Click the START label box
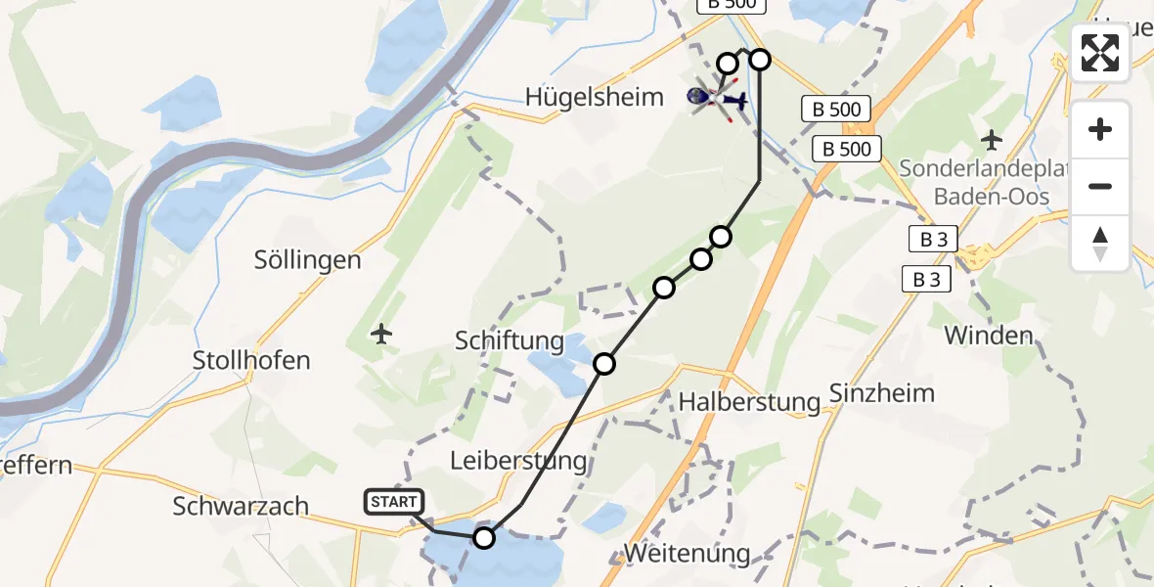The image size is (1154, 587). click(x=393, y=502)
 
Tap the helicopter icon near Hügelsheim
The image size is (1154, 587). click(x=717, y=98)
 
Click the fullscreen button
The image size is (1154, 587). click(x=1100, y=53)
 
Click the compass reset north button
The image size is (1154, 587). click(x=1100, y=244)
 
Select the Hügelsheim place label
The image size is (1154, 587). click(x=594, y=97)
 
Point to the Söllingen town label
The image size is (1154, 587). click(x=307, y=260)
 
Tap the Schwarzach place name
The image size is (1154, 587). click(x=241, y=507)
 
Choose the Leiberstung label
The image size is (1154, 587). click(x=518, y=460)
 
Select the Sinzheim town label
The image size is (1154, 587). click(x=881, y=393)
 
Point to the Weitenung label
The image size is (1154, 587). click(x=687, y=553)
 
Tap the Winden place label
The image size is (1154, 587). click(x=988, y=337)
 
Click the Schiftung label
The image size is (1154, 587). click(x=510, y=340)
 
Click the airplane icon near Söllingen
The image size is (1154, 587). click(x=381, y=335)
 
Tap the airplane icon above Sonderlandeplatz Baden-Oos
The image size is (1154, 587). click(x=992, y=140)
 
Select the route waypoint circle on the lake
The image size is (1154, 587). click(x=484, y=537)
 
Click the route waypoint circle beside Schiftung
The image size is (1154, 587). click(x=604, y=364)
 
